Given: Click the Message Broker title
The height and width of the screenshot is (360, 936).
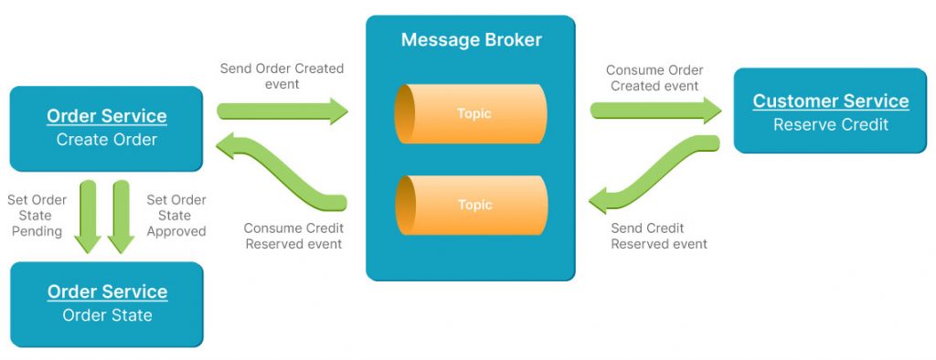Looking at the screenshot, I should click(471, 40).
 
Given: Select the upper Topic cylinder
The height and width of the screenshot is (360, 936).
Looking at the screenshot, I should click(471, 114).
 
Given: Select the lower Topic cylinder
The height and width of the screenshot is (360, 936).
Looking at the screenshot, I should click(471, 205).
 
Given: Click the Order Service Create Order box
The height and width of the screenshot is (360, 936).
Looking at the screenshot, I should click(106, 128).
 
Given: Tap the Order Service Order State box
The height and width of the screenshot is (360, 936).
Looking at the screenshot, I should click(106, 304).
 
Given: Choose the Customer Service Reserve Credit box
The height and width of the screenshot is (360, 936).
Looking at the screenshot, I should click(830, 111).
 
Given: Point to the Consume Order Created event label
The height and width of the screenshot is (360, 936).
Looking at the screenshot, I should click(654, 78).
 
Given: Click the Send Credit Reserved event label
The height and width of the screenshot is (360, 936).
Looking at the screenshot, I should click(659, 236).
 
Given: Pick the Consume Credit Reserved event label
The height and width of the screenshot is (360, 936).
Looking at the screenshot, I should click(292, 236).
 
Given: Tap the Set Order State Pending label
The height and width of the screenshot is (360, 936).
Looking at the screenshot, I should click(37, 216).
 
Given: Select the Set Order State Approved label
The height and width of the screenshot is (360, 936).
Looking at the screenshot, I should click(176, 216).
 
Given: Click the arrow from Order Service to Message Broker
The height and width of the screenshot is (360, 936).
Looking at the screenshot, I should click(282, 111).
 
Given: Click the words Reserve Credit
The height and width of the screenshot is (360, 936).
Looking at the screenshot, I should click(830, 124).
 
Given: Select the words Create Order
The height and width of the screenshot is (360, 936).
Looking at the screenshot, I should click(106, 140).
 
